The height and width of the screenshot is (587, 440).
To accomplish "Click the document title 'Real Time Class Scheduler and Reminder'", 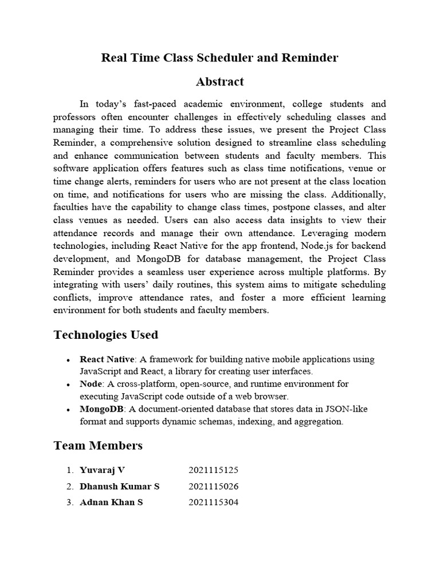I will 220,58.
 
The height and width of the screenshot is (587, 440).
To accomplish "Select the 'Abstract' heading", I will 220,82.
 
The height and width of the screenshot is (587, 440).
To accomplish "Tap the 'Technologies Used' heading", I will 106,335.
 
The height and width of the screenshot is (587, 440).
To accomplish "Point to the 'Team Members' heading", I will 98,445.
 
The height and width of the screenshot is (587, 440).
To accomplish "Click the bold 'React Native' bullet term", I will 106,359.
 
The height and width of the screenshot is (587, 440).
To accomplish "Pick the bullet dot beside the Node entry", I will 68,385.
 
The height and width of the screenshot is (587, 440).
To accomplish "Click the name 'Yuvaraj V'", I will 102,471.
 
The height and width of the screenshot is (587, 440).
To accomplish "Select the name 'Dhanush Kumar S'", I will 120,487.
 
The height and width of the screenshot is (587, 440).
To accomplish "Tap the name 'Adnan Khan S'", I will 111,503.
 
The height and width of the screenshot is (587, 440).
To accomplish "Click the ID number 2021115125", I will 213,471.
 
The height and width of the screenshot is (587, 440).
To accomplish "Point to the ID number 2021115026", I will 213,487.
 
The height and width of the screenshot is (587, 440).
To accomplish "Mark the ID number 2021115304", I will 213,503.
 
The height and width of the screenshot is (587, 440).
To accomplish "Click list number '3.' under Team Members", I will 69,503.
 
